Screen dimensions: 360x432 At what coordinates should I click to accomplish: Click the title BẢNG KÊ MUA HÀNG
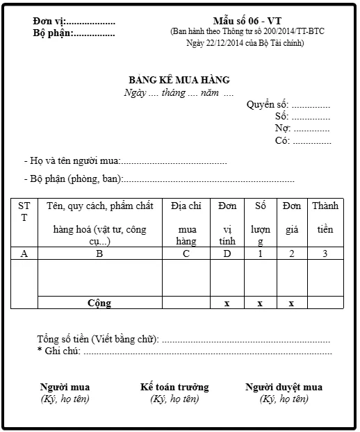pos(179,81)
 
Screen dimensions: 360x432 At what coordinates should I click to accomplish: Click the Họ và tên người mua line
pos(125,161)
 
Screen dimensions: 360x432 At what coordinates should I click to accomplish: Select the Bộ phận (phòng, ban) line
pos(159,178)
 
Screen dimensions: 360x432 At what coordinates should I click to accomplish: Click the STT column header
pos(24,211)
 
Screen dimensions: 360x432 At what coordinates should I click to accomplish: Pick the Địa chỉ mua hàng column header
pos(186,224)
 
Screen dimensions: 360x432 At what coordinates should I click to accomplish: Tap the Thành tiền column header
pos(325,217)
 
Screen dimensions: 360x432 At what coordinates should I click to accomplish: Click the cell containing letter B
pos(99,254)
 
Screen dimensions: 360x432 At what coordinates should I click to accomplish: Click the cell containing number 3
pos(325,254)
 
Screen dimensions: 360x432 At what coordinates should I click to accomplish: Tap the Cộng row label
pos(99,303)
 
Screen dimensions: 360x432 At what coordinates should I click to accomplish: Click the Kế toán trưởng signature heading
pos(174,387)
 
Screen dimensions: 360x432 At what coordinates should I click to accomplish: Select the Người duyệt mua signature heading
pos(284,387)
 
